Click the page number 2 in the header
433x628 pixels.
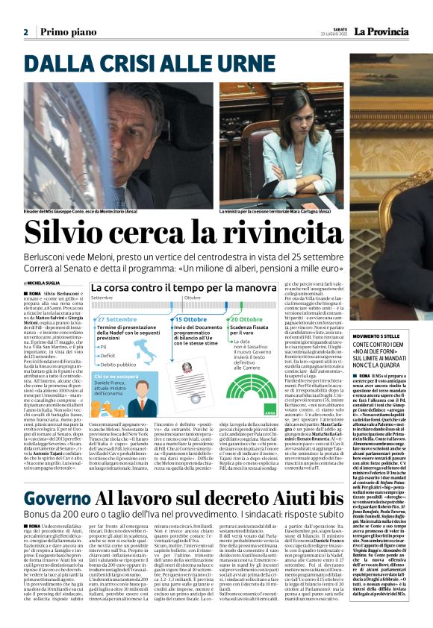(x=25, y=32)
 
